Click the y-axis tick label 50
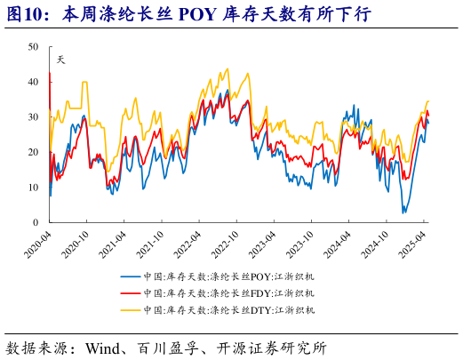coord(33,46)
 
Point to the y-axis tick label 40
coord(33,81)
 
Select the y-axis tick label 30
coord(33,116)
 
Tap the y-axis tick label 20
coord(33,152)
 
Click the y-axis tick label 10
coord(33,188)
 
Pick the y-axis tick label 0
coord(36,222)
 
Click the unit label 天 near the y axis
coord(60,60)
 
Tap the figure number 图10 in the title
coord(27,15)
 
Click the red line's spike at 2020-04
coord(50,74)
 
